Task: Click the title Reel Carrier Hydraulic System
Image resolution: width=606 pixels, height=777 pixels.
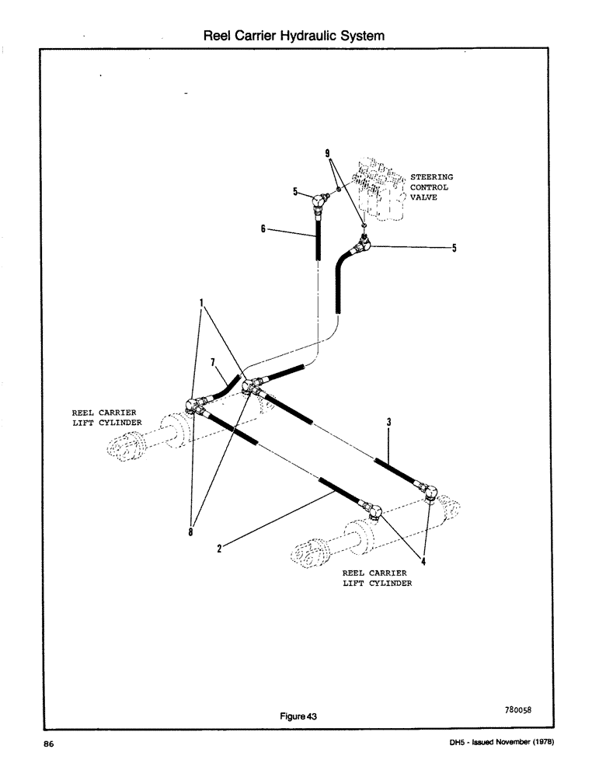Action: pyautogui.click(x=294, y=36)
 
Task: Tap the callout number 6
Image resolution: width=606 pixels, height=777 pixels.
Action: pyautogui.click(x=263, y=228)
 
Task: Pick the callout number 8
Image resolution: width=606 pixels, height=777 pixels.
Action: pyautogui.click(x=191, y=532)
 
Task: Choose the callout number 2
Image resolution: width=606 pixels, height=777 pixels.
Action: pyautogui.click(x=220, y=548)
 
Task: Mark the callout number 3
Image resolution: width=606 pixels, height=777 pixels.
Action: pyautogui.click(x=388, y=422)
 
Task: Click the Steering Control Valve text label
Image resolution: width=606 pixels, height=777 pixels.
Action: pyautogui.click(x=431, y=187)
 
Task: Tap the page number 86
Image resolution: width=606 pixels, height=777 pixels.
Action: pyautogui.click(x=48, y=744)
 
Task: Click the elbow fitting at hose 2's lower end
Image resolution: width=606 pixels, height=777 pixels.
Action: pyautogui.click(x=374, y=510)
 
